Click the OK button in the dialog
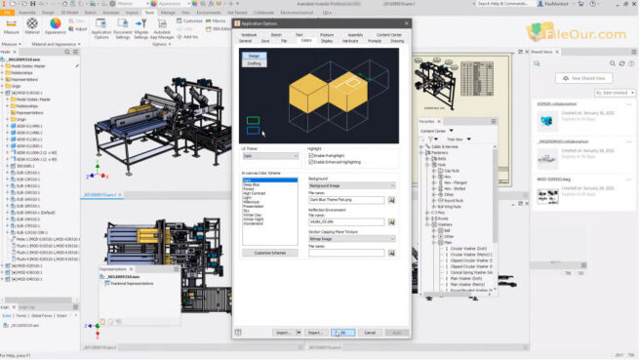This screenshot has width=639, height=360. pos(341,333)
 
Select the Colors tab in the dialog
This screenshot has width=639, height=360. pos(306,41)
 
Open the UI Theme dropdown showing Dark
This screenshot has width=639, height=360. pos(270,155)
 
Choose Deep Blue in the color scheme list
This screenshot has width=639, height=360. pos(252,184)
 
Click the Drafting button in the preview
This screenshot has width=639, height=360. pos(254,63)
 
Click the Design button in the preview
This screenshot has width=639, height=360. pos(254,57)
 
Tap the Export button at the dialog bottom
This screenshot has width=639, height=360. pos(314,333)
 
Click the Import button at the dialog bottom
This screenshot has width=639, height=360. pos(284,333)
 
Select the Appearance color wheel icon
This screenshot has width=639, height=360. pos(55,23)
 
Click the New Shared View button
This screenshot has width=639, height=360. pos(588,78)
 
